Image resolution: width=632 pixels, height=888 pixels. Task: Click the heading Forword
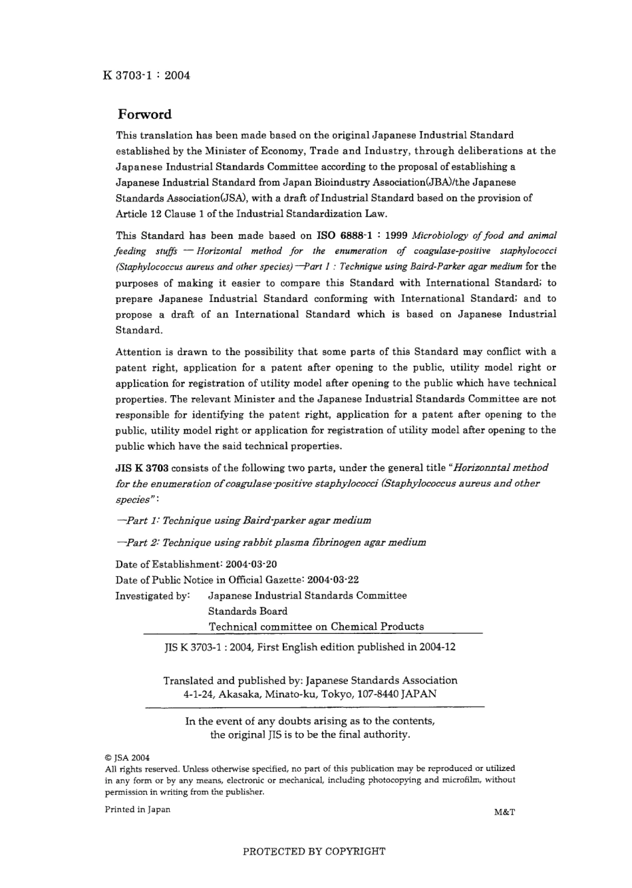tap(144, 114)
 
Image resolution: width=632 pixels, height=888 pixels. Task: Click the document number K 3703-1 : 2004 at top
tap(147, 75)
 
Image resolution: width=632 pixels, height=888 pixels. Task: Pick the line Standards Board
tap(247, 611)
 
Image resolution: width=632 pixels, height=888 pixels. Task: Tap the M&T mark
tap(505, 812)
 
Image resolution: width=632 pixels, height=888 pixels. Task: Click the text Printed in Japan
tap(138, 810)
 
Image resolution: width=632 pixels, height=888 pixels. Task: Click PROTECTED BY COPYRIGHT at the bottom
tap(314, 851)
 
